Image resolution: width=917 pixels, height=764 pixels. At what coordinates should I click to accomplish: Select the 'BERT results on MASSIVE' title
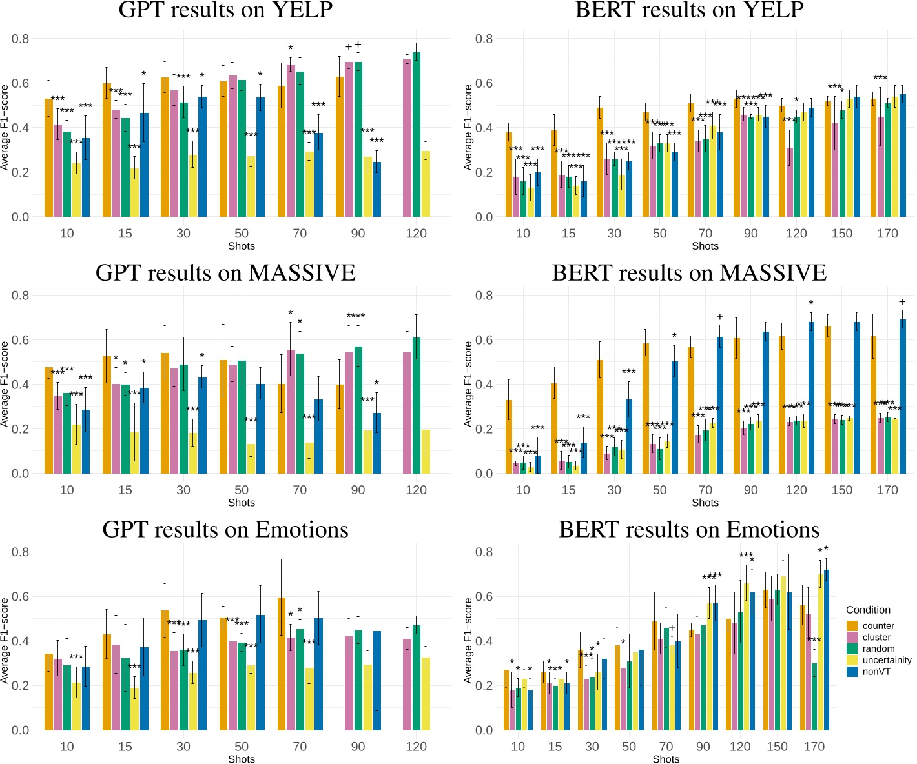pos(689,273)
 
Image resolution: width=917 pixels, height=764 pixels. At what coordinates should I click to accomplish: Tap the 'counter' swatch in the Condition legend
pos(852,626)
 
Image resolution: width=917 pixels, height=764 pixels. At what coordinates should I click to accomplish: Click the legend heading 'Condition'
pos(868,610)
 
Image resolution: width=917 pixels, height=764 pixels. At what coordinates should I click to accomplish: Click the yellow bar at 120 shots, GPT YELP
pos(426,184)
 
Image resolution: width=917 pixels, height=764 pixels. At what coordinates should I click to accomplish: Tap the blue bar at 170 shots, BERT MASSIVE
pos(903,396)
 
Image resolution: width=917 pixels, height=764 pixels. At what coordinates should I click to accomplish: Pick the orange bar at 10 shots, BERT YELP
pos(509,174)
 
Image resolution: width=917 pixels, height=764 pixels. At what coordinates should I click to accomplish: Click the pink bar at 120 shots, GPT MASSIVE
pos(407,413)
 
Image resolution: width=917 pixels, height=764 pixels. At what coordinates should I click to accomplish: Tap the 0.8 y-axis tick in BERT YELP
pos(484,39)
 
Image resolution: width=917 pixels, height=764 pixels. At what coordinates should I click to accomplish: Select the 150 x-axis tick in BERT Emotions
pos(777,747)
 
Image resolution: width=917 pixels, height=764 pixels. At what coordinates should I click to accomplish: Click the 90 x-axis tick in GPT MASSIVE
pos(358,490)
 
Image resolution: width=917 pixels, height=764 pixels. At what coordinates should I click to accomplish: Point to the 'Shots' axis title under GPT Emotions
pos(242,759)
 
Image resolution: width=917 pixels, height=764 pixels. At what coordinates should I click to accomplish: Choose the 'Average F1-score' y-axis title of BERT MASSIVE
pos(469,384)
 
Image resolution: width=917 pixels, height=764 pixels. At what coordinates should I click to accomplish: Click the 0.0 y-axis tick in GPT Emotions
pos(21,730)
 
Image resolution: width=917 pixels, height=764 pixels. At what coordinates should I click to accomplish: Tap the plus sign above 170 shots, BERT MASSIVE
pos(902,302)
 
